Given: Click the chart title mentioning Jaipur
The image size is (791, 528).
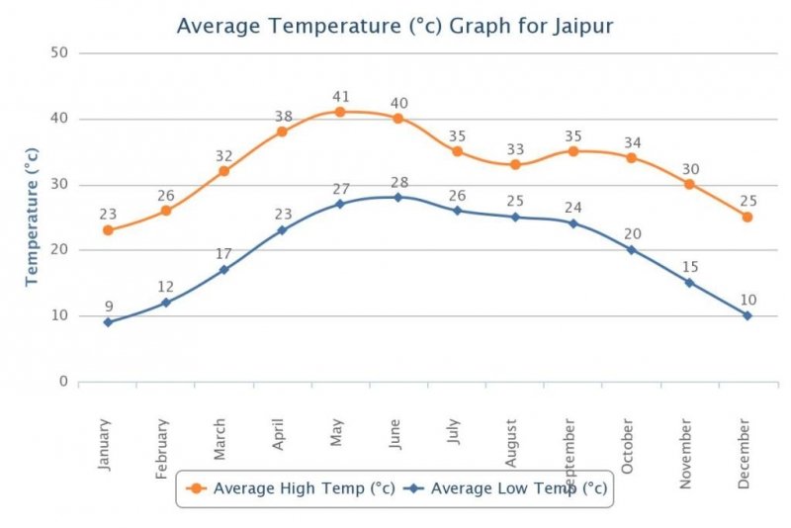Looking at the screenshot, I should [395, 25].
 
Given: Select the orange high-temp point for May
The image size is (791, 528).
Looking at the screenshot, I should [340, 112].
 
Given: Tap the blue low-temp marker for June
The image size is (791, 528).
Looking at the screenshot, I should [398, 197].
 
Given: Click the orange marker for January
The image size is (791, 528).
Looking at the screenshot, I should [108, 230].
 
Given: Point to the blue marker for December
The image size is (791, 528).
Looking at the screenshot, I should [747, 315].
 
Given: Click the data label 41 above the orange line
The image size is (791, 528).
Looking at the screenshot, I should [340, 96].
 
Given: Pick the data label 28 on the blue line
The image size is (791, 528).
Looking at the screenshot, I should [398, 182].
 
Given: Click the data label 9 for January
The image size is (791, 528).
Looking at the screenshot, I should [108, 306].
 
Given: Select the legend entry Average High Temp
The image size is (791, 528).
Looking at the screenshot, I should [293, 487].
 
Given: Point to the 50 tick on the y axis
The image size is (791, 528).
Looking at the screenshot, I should [58, 53].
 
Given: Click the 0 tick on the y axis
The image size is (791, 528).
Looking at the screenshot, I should [62, 382].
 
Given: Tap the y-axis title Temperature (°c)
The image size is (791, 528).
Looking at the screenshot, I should [33, 217].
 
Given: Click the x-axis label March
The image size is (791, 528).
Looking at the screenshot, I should [220, 439].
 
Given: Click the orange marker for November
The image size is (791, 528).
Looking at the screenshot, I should [689, 184].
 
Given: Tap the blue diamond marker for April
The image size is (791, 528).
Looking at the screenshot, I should [282, 230].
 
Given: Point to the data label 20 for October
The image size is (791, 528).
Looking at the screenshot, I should [632, 234].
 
